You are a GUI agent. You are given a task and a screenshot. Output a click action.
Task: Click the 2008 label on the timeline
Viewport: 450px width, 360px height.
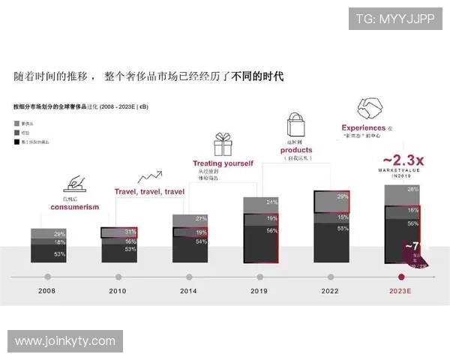46,290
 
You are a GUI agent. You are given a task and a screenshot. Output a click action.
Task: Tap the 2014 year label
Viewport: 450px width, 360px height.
188,290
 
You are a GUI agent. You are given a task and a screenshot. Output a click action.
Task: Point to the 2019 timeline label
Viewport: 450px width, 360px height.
259,290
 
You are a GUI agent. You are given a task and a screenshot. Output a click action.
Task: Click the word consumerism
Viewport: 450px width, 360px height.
75,207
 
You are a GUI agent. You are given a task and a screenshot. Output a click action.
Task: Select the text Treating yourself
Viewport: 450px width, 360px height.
223,163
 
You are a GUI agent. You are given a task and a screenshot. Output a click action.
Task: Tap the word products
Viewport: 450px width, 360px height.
298,150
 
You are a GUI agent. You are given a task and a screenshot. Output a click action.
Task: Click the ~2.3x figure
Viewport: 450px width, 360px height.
403,160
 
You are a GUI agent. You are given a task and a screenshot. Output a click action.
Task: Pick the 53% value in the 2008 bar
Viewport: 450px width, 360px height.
59,255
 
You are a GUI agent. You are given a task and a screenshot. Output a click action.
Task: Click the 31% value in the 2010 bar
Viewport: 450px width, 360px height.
130,232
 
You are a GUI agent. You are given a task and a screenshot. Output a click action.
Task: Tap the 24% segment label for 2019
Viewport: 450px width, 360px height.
271,202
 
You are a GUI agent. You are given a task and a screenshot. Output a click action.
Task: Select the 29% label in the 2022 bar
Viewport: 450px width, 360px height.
342,196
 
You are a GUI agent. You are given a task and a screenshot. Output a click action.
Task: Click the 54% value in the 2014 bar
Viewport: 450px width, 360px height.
201,242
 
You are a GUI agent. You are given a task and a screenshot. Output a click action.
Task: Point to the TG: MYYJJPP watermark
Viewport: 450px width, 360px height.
394,19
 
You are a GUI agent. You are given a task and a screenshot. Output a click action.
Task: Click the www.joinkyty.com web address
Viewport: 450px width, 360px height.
65,341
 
